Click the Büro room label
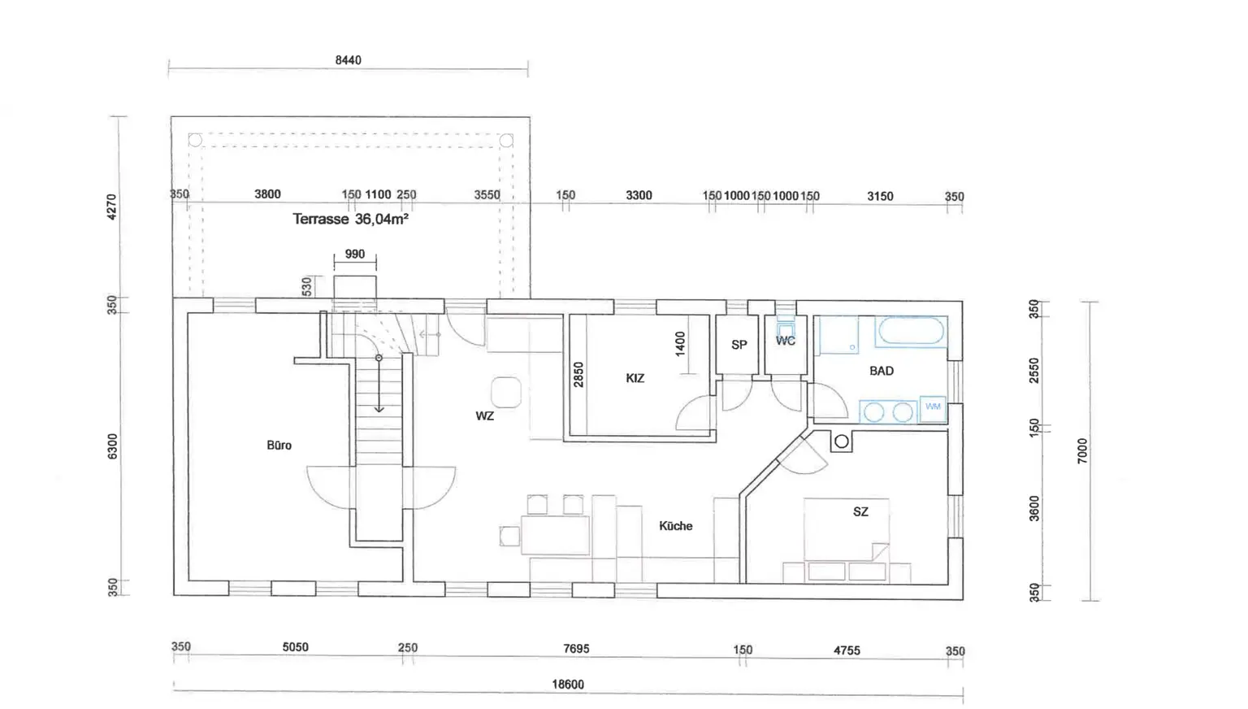[279, 446]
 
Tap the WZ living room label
[485, 415]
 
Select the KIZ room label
[635, 378]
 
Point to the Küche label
[676, 525]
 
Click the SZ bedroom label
[860, 511]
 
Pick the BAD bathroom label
[882, 371]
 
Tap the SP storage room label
[739, 345]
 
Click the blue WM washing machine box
[933, 408]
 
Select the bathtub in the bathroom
[911, 332]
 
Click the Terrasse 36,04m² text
[350, 219]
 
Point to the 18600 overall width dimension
[568, 685]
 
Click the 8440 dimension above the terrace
[349, 60]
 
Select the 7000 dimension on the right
[1082, 451]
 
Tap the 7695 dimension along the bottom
[576, 649]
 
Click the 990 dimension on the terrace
[355, 254]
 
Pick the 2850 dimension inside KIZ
[578, 375]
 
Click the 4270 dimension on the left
[112, 207]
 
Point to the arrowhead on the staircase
[379, 409]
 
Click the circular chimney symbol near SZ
[841, 442]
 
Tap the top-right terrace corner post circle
[506, 141]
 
